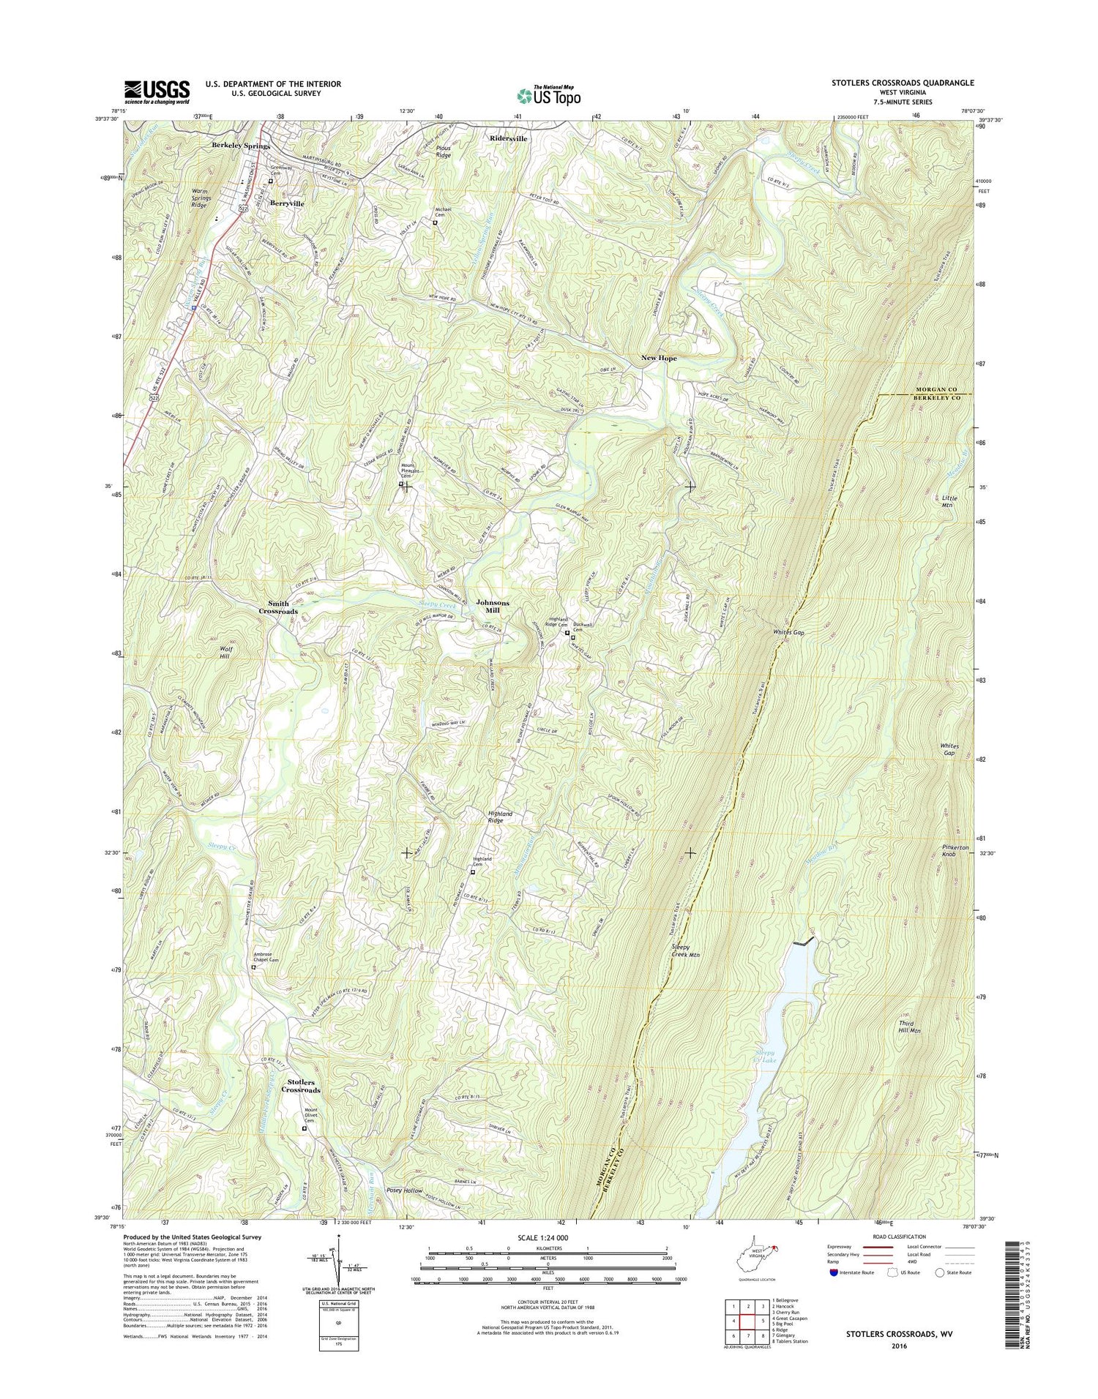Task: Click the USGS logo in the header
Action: click(x=157, y=91)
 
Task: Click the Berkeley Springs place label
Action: click(x=241, y=146)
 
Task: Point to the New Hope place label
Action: click(x=659, y=358)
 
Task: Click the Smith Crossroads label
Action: click(x=278, y=607)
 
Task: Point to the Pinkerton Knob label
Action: click(x=955, y=850)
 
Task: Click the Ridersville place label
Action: click(x=508, y=138)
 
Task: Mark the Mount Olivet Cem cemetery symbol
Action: click(x=305, y=1149)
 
